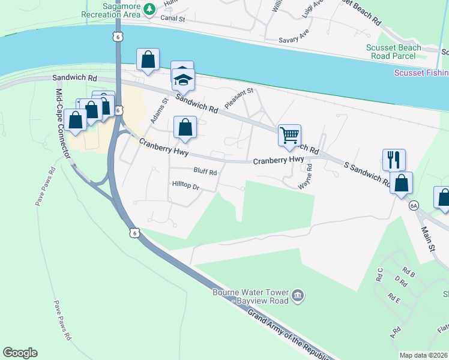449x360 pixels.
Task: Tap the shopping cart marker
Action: pos(289,135)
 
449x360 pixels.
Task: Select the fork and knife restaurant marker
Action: pos(394,160)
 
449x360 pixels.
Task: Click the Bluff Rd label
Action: pos(205,172)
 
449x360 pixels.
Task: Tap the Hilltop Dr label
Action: pos(185,187)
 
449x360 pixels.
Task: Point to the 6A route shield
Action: pos(414,206)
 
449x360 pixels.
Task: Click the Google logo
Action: pos(20,353)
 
